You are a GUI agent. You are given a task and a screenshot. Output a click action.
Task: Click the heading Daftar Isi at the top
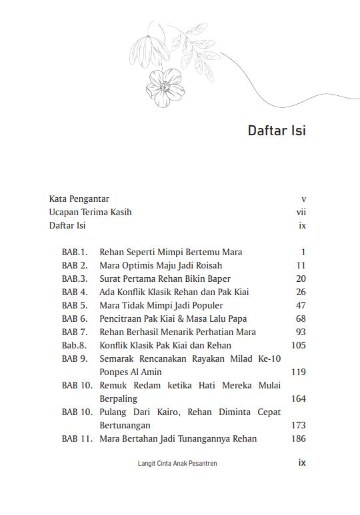(277, 131)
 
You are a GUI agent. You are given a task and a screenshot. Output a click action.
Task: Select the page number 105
(298, 345)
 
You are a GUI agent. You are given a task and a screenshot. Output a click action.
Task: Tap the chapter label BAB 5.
(75, 305)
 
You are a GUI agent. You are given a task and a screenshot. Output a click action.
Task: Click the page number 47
(300, 305)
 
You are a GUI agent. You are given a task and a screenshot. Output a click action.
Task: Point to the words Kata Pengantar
(79, 199)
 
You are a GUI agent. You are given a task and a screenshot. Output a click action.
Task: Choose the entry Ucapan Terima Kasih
(90, 212)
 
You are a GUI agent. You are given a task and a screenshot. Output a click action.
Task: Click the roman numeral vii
(301, 212)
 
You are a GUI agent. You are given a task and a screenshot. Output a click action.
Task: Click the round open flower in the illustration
(164, 87)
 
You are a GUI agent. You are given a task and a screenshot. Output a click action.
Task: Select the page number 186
(298, 438)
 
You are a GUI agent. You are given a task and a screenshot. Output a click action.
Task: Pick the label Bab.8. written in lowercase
(75, 345)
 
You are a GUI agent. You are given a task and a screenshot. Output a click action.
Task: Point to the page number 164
(298, 398)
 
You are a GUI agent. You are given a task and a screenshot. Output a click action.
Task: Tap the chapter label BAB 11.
(77, 438)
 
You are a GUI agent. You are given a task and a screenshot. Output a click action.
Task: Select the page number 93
(300, 332)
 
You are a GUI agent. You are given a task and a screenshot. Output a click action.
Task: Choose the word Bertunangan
(125, 425)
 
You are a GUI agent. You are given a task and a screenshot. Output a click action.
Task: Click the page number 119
(298, 372)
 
